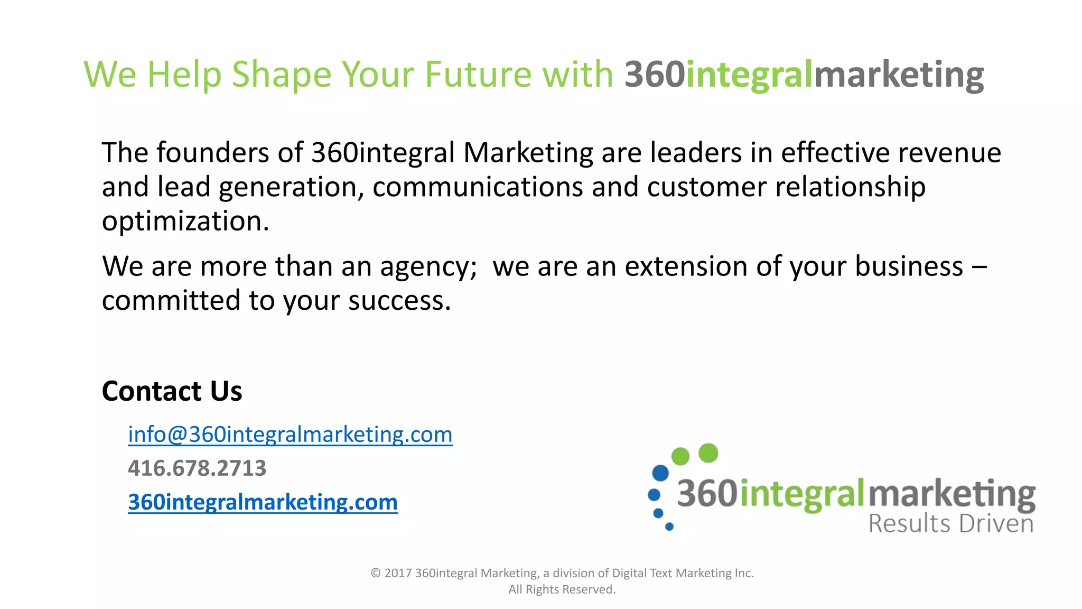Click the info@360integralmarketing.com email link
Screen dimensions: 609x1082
[x=290, y=435]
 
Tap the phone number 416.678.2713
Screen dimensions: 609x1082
[x=197, y=468]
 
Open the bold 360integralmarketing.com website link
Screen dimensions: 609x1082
[x=263, y=502]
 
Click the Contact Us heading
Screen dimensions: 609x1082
[x=172, y=391]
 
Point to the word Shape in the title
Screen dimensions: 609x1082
[x=282, y=75]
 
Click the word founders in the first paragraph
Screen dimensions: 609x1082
[x=213, y=153]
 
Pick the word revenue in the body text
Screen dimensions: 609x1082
[x=949, y=153]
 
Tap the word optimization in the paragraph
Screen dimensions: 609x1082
[x=185, y=222]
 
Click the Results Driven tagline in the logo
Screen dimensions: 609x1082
[x=951, y=524]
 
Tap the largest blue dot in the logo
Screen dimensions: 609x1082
[x=660, y=473]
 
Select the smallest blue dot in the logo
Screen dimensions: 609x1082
[x=669, y=527]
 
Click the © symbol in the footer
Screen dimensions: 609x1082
[x=376, y=573]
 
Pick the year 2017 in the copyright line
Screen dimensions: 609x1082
[x=398, y=573]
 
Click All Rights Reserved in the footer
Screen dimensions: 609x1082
[x=562, y=589]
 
